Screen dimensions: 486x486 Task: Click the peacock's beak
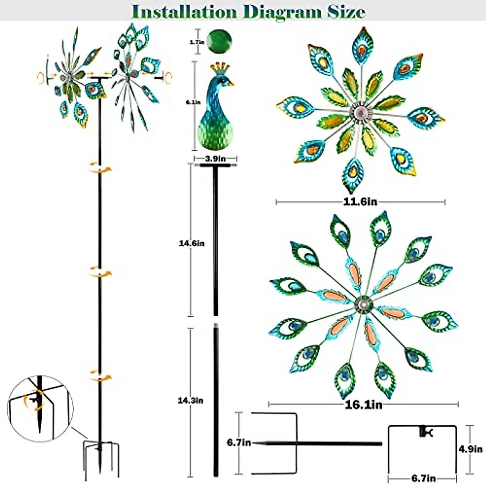(230, 84)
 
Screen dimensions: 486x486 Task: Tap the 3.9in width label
(215, 158)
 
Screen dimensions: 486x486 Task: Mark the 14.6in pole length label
(192, 243)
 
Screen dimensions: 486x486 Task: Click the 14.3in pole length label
(190, 400)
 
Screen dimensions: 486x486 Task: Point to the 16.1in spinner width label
(363, 404)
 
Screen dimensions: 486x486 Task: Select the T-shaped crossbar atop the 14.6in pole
(215, 166)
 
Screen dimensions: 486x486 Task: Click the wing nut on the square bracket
(425, 432)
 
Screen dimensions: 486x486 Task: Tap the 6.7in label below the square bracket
(423, 478)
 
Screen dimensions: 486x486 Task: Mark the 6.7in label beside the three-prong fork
(239, 443)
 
